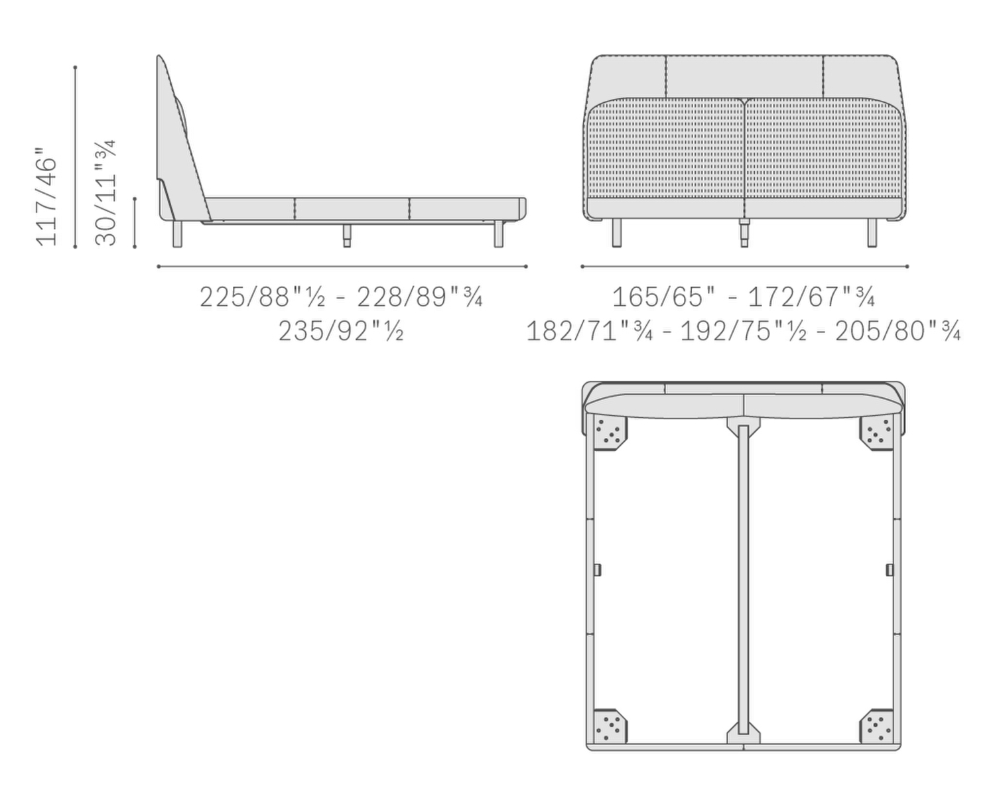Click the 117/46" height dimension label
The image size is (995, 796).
coord(46,196)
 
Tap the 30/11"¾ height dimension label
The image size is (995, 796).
coord(105,192)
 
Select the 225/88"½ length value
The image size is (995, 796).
coord(262,297)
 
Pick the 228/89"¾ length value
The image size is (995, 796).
coord(420,297)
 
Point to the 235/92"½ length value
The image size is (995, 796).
coord(341,332)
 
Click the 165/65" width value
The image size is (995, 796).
coord(663,297)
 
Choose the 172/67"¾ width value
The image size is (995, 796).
coord(811,297)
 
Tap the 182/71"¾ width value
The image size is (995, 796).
coord(590,332)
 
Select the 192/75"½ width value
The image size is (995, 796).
coord(744,332)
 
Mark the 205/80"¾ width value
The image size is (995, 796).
coord(898,332)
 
